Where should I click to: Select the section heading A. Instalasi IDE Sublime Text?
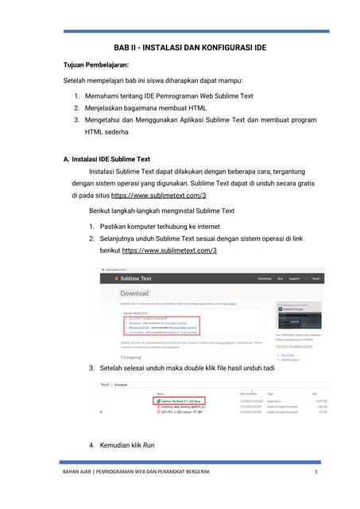[x=106, y=159]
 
